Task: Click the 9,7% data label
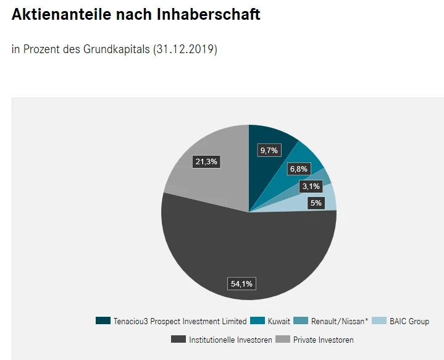pos(269,150)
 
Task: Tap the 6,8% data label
pos(298,169)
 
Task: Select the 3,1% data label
pos(311,186)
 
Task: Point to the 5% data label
pos(316,203)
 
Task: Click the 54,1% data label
pos(241,283)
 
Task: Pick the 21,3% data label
pos(206,162)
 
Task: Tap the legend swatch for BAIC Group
pos(379,321)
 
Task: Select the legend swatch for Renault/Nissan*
pos(301,321)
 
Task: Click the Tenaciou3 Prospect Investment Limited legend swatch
pos(103,321)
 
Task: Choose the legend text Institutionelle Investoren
pos(230,340)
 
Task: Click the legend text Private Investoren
pos(323,340)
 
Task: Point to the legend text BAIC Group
pos(409,321)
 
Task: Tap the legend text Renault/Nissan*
pos(340,321)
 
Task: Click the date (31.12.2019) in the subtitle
pos(185,49)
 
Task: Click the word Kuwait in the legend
pos(279,321)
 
